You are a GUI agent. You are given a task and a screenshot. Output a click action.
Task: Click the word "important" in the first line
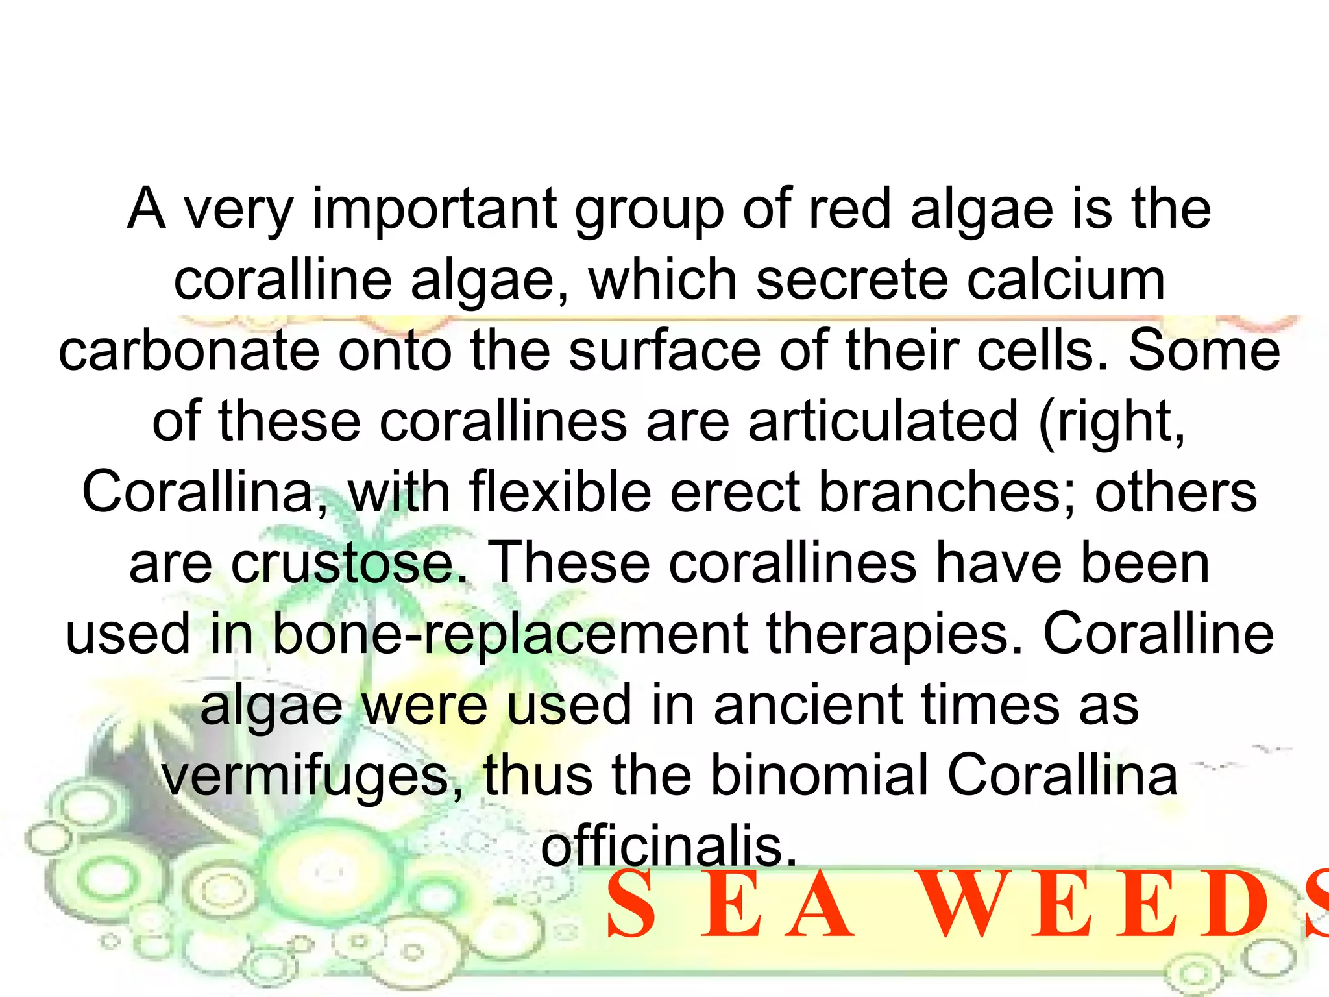pos(434,209)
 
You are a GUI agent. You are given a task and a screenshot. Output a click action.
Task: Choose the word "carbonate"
pos(189,351)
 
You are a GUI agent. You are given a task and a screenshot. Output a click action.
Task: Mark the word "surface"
pos(664,351)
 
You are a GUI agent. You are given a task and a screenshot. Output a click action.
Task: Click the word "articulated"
pos(883,421)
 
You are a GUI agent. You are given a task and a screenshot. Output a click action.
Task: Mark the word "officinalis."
pos(668,846)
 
